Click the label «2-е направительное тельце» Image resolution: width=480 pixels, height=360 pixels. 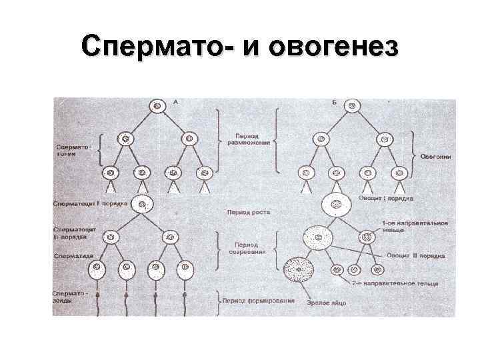point(404,284)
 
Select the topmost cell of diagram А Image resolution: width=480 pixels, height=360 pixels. point(157,105)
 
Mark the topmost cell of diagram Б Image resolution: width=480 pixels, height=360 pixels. point(355,105)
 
